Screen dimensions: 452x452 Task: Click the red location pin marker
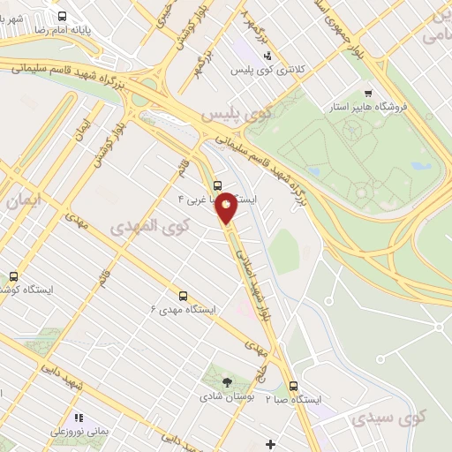pyautogui.click(x=227, y=207)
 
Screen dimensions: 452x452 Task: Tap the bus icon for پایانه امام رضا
pyautogui.click(x=62, y=16)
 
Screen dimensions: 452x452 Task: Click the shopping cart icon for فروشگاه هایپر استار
pyautogui.click(x=368, y=93)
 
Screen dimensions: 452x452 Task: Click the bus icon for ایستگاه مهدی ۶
pyautogui.click(x=183, y=296)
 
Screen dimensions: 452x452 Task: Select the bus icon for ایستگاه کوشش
pyautogui.click(x=13, y=276)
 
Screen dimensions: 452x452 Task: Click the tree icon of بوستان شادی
pyautogui.click(x=228, y=382)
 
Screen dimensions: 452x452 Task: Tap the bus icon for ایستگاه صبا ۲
pyautogui.click(x=293, y=386)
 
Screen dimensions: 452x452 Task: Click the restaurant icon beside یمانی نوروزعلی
pyautogui.click(x=79, y=418)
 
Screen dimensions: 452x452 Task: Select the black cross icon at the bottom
pyautogui.click(x=270, y=443)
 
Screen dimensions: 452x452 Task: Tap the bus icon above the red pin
pyautogui.click(x=218, y=185)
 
